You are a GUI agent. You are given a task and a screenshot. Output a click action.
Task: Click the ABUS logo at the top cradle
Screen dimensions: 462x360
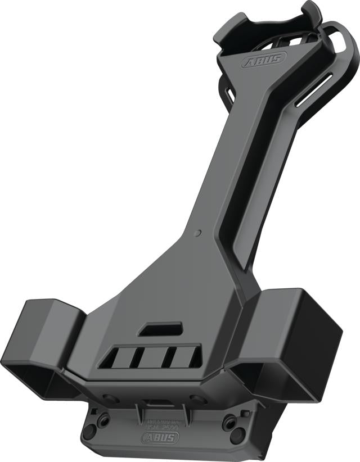261,60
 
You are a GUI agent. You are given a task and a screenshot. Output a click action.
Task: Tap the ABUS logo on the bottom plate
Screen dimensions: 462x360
161,438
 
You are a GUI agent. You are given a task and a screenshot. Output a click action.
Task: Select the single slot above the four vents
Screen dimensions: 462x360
161,329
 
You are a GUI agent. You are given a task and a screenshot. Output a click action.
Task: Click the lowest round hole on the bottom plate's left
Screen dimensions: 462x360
89,432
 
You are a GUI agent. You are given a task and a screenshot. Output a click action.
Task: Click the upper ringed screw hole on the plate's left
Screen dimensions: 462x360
103,419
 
